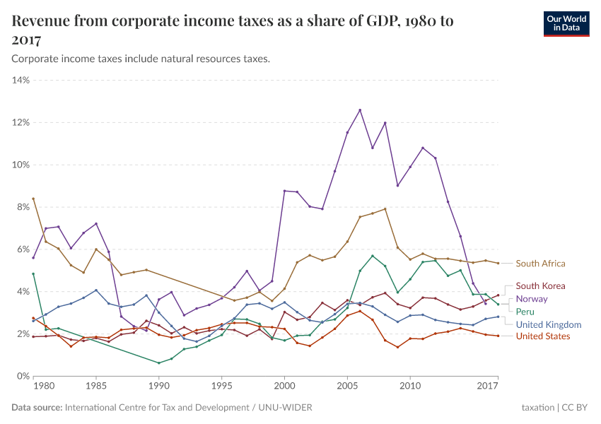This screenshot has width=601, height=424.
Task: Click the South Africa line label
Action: pyautogui.click(x=540, y=264)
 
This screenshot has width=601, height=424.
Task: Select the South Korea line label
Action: pyautogui.click(x=541, y=286)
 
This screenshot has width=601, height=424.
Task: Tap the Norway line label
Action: pyautogui.click(x=532, y=299)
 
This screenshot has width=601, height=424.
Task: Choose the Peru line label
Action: pyautogui.click(x=525, y=312)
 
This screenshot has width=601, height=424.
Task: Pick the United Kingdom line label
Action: pyautogui.click(x=548, y=324)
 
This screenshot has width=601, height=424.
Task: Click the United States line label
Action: pyautogui.click(x=543, y=336)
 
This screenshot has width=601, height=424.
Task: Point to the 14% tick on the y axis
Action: pyautogui.click(x=20, y=80)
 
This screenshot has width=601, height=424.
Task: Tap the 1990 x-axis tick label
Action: pyautogui.click(x=159, y=387)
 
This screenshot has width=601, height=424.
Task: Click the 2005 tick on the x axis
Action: pyautogui.click(x=347, y=387)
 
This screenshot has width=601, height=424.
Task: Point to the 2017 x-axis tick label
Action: pyautogui.click(x=488, y=387)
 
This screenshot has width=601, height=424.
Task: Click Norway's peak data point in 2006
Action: pyautogui.click(x=360, y=110)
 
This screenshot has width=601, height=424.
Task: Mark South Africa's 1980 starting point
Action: pyautogui.click(x=33, y=199)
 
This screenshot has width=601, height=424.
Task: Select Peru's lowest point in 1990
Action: pyautogui.click(x=159, y=363)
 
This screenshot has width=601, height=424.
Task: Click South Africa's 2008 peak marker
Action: pyautogui.click(x=385, y=208)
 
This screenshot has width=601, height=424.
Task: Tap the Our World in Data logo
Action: pyautogui.click(x=566, y=23)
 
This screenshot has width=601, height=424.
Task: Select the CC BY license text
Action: pyautogui.click(x=576, y=408)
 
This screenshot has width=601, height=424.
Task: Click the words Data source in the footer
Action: pyautogui.click(x=37, y=408)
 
